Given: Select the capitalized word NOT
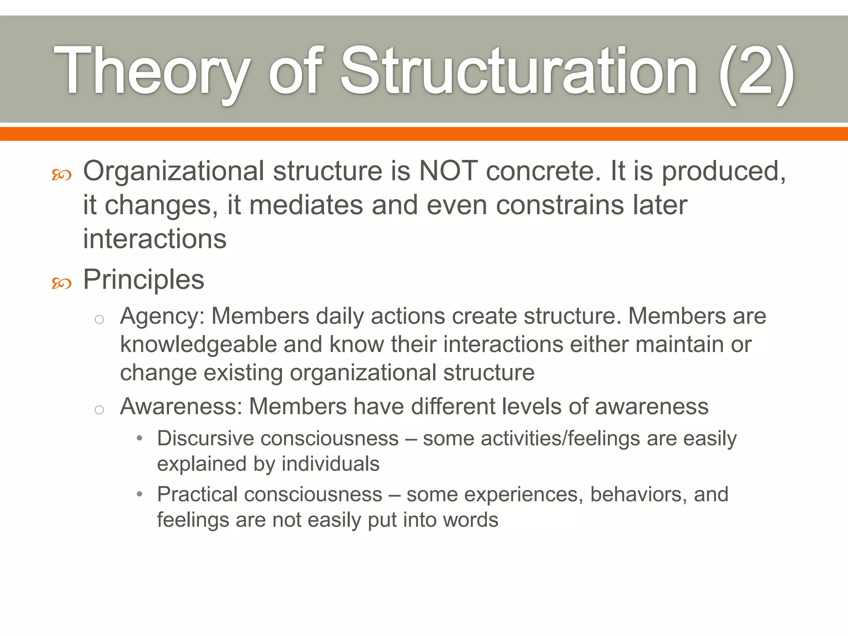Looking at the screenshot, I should [x=448, y=171].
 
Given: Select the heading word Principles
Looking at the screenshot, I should [x=144, y=279].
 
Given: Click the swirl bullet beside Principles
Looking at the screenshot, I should [x=61, y=284].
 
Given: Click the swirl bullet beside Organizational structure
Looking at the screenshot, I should [x=61, y=175].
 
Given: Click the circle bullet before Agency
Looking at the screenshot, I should [x=99, y=319].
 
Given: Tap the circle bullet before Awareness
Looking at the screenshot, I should [x=99, y=410].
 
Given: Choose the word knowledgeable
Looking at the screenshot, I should [x=198, y=344].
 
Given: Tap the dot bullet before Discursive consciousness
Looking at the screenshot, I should [x=140, y=438].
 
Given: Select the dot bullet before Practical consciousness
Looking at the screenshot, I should [x=140, y=494].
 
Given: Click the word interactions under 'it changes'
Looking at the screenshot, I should [x=155, y=239].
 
